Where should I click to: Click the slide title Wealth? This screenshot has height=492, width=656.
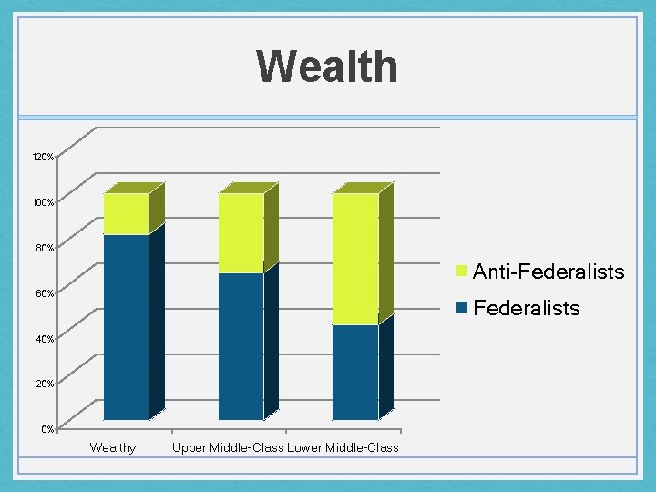(327, 67)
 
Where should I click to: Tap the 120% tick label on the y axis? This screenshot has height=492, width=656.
(43, 158)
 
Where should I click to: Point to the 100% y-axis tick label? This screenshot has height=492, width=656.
(43, 201)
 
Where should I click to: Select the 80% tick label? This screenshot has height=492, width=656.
(45, 248)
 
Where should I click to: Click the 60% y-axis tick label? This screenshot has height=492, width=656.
(45, 293)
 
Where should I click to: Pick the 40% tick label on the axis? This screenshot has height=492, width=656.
(45, 339)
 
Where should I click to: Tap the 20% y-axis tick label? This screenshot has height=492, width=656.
(45, 384)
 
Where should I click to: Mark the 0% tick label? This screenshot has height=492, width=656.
(48, 429)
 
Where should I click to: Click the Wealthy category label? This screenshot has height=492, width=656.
(113, 447)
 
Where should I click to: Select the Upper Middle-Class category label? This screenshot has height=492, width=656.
(228, 447)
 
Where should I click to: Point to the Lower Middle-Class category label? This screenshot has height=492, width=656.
(343, 447)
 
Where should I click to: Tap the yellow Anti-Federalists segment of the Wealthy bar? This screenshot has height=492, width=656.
(126, 214)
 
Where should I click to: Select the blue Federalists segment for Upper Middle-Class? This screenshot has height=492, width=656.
(241, 346)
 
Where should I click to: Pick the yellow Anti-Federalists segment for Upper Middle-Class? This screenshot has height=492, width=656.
(241, 233)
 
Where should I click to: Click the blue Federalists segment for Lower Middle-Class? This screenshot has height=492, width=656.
(355, 372)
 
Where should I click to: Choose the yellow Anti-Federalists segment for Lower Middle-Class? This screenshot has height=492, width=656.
(355, 259)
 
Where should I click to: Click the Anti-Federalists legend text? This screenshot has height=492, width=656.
(548, 272)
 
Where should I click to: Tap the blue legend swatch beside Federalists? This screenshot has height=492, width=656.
(463, 308)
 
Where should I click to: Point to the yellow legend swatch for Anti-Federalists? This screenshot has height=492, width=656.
(463, 272)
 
